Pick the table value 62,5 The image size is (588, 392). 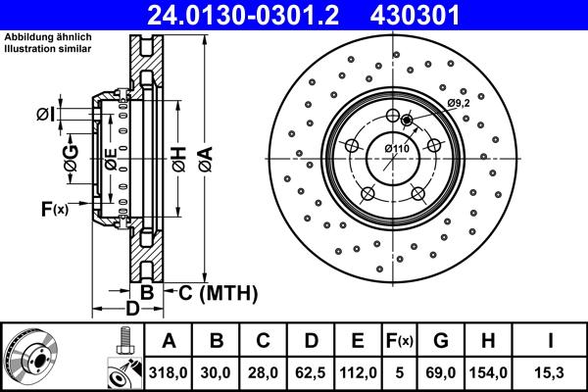click(310, 372)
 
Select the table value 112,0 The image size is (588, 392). click(358, 372)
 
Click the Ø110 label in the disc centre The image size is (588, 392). click(396, 148)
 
